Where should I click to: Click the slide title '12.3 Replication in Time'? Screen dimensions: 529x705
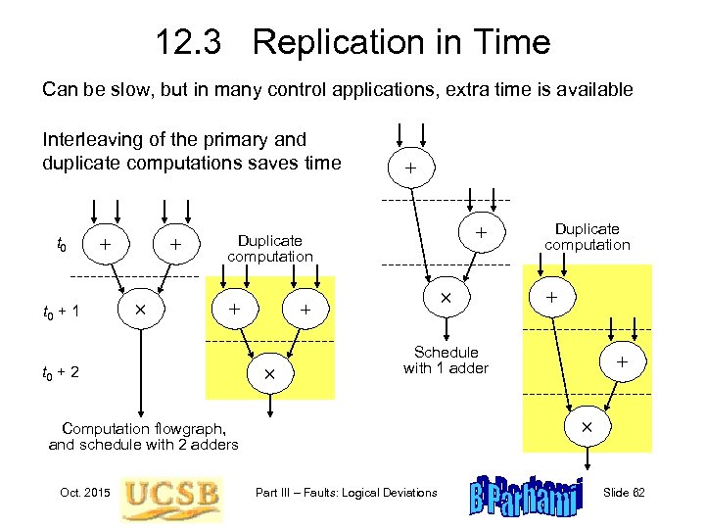click(352, 42)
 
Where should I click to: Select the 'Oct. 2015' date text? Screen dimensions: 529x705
click(84, 492)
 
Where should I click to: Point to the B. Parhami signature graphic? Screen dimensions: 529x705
click(527, 497)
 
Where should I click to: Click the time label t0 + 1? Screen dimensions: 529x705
click(61, 313)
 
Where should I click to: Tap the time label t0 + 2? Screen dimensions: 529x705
click(61, 372)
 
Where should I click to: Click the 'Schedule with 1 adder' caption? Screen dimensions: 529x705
click(446, 360)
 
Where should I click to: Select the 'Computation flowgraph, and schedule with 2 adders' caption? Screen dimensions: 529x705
click(143, 436)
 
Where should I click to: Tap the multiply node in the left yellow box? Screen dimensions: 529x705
click(269, 374)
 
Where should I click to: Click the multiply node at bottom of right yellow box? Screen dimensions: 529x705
click(587, 428)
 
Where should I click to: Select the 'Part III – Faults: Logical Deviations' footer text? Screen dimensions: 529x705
click(346, 492)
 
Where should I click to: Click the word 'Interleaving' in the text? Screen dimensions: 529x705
click(89, 139)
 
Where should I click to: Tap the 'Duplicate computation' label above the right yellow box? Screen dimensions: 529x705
click(587, 236)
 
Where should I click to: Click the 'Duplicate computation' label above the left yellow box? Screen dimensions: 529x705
click(270, 248)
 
